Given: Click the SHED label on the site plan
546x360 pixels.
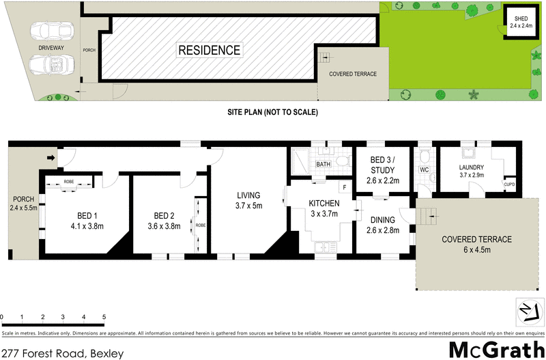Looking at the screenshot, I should point(521,19).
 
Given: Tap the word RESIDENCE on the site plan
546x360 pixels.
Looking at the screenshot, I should point(209,50).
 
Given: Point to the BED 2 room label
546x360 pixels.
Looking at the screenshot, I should point(164,214).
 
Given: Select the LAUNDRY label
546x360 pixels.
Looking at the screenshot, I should point(471,167).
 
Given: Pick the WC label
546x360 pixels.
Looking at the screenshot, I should point(423,169).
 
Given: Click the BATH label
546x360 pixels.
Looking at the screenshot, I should point(323,165).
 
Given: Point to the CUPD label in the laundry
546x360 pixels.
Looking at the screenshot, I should point(509,184).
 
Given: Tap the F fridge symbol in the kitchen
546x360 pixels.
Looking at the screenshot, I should point(345,186).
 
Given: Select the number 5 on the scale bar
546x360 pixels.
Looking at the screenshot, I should point(104,318).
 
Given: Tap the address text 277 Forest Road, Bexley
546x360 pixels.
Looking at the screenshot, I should point(63,353).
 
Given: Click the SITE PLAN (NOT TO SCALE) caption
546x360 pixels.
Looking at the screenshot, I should point(273,112).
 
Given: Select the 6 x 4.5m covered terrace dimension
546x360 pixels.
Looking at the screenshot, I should point(476,251).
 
